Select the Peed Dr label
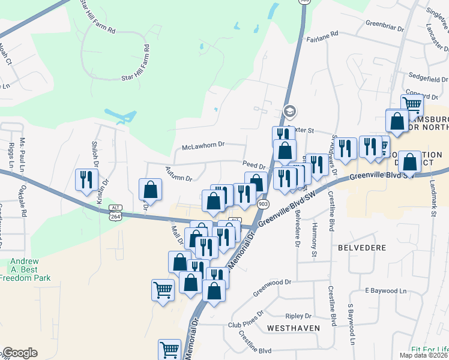(254, 164)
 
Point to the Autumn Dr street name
(179, 175)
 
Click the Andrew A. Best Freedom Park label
(30, 269)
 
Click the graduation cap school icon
(290, 111)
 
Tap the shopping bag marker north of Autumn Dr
(150, 189)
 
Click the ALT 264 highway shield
(116, 212)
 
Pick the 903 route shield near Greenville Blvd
(263, 204)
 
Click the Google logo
(20, 353)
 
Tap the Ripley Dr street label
(299, 316)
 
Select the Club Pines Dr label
(246, 320)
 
